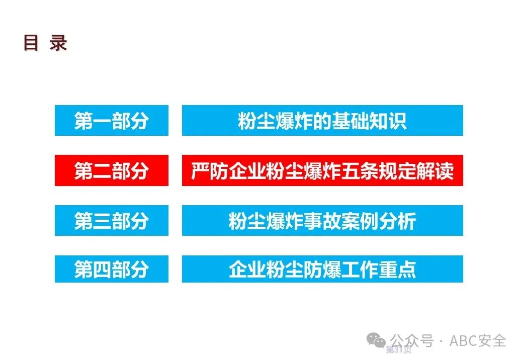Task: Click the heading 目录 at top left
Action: pos(45,43)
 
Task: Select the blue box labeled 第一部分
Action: pos(111,121)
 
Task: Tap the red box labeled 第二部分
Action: pos(111,171)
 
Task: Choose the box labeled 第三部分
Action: pos(111,221)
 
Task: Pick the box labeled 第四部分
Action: pos(111,269)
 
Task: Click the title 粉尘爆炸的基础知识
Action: pos(322,121)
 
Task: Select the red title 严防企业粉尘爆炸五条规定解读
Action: pos(322,171)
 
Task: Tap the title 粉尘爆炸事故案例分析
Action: pos(322,221)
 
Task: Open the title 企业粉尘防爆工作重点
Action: pos(322,269)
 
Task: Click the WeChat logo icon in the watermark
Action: pos(377,340)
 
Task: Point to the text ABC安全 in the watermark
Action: pos(477,341)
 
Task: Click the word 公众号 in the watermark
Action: pos(412,341)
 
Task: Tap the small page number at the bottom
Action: pos(398,350)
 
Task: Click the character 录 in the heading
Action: pos(58,43)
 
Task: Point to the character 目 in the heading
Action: pos(31,43)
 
